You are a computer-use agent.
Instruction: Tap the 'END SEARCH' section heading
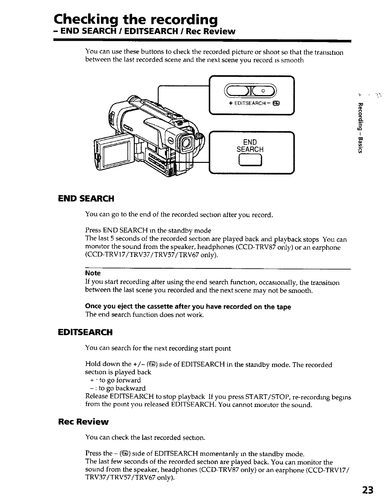[86, 199]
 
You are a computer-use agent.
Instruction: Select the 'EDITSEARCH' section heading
[85, 332]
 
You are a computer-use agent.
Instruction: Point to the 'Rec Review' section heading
[83, 422]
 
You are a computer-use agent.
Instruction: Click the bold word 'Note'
[93, 273]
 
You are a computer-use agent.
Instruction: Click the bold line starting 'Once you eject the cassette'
[188, 307]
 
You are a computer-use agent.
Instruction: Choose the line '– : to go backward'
[118, 388]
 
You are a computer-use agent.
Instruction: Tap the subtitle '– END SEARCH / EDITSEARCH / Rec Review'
[144, 32]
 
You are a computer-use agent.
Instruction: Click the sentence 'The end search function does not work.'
[145, 315]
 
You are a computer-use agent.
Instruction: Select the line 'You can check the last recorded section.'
[145, 437]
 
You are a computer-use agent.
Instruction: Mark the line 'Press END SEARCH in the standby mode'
[148, 230]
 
